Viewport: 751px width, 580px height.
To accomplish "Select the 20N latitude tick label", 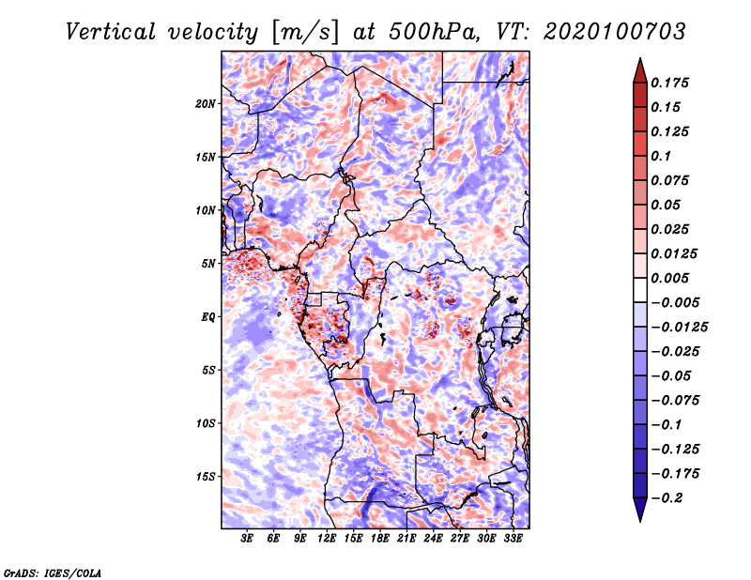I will coord(207,103).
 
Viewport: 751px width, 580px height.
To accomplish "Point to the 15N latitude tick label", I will coord(207,157).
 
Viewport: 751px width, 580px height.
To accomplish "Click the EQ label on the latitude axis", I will coord(208,317).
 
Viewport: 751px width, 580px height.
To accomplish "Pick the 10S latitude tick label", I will coord(207,423).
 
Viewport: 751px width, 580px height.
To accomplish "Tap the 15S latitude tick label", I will coord(207,477).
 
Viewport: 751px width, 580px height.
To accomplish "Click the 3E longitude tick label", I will coord(248,539).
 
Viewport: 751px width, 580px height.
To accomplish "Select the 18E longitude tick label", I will coord(380,539).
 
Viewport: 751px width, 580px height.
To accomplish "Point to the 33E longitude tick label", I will coord(513,539).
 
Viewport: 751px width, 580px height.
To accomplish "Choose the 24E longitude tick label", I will coord(433,539).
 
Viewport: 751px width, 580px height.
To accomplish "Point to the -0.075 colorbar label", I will coord(676,401).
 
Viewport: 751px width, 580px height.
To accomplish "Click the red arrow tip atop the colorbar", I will coord(639,69).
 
